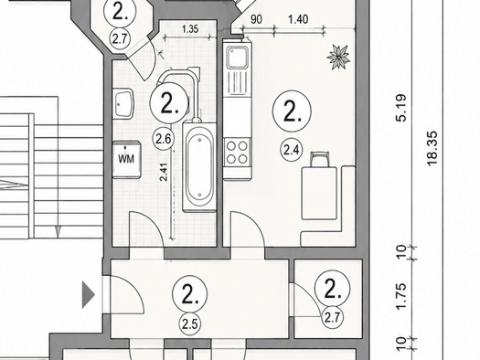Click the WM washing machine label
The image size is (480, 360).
point(126,159)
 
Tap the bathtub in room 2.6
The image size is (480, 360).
point(199,166)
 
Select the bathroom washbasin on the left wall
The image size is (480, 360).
point(124,103)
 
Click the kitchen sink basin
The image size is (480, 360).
point(237,58)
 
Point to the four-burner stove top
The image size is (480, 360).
point(237,152)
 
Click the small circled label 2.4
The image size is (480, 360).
point(291,150)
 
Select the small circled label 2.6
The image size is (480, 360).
point(163,139)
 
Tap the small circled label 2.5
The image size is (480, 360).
point(190,323)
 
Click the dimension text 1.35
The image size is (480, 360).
point(190,29)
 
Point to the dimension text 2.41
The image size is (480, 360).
point(164,172)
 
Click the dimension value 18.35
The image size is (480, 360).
point(432,149)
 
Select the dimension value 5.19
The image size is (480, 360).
point(401,108)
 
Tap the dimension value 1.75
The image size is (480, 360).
point(401,297)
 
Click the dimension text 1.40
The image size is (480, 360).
point(298,19)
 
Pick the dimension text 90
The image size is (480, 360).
point(257,19)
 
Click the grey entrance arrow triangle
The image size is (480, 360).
point(88,295)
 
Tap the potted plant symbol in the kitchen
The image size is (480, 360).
point(338,57)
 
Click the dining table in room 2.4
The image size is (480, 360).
point(319,193)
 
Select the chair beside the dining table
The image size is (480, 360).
point(320,159)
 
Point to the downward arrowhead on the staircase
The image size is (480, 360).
point(58,231)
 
